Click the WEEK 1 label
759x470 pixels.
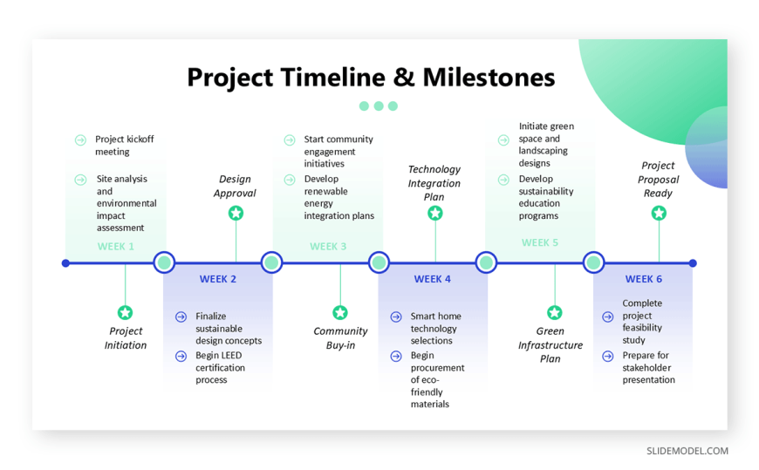click(116, 247)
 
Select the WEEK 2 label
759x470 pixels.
click(218, 279)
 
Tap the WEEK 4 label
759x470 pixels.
click(432, 279)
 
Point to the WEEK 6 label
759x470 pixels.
click(643, 279)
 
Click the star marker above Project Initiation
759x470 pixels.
click(125, 313)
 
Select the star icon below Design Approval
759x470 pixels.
click(236, 213)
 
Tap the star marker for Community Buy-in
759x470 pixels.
click(340, 313)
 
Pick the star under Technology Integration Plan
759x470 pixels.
click(435, 213)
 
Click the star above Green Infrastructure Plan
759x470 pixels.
click(555, 313)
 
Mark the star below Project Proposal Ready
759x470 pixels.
click(659, 213)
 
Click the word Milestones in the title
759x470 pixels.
click(489, 78)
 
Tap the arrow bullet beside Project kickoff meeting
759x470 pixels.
click(80, 140)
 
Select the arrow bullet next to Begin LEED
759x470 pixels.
click(181, 357)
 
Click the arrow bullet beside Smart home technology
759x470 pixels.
click(396, 317)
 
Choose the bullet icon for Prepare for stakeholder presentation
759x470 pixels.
click(608, 357)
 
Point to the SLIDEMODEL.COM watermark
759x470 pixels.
click(687, 451)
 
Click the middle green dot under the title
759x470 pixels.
click(379, 106)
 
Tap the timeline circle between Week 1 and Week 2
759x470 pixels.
click(164, 262)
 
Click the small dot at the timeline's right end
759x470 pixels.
click(693, 263)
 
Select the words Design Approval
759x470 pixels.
click(235, 186)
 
